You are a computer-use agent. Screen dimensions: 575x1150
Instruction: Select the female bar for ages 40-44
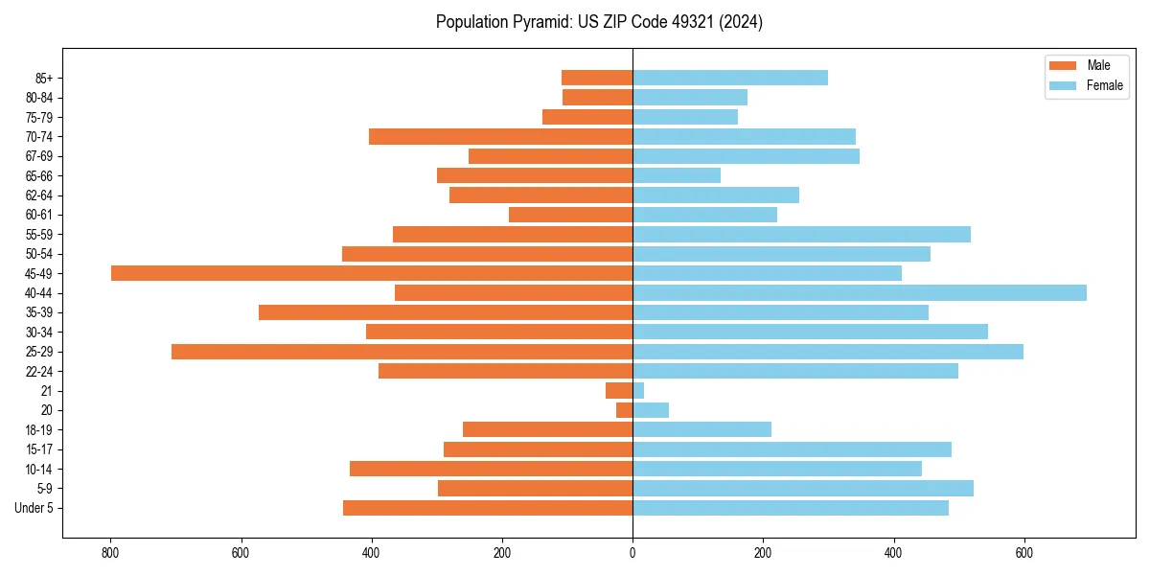coord(860,292)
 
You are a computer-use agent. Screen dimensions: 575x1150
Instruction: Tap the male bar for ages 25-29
coord(402,352)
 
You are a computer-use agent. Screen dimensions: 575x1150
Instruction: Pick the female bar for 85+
coord(730,78)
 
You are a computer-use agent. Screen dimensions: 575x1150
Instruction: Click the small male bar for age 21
coord(619,391)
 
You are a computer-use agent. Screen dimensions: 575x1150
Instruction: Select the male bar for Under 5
coord(488,508)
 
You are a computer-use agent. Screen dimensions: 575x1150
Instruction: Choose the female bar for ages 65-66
coord(677,175)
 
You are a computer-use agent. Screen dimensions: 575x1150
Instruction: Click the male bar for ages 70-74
coord(500,136)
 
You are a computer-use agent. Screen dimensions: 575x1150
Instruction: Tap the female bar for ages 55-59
coord(801,234)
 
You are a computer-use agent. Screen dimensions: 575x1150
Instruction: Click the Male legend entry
coord(1098,65)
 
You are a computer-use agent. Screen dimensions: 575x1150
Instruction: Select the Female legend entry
coord(1104,85)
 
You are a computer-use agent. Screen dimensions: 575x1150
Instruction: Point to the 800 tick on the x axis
coord(110,553)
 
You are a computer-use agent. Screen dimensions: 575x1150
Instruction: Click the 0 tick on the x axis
coord(632,553)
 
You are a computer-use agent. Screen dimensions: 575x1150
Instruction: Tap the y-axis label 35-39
coord(39,312)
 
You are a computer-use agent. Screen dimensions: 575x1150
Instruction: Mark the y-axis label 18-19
coord(39,430)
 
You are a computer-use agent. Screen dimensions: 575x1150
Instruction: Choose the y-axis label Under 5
coord(34,508)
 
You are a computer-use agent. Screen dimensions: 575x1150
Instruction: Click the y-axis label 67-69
coord(39,156)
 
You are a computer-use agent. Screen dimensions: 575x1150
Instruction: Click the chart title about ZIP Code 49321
coord(599,22)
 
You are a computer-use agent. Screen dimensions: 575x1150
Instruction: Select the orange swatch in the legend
coord(1064,65)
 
